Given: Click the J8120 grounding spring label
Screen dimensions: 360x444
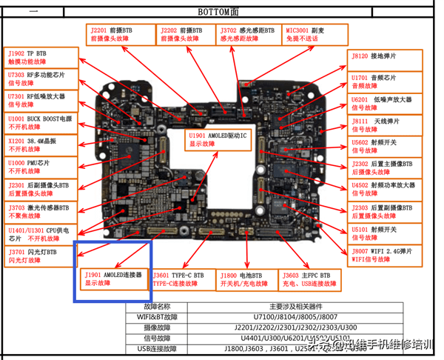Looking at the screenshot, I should click(385, 59).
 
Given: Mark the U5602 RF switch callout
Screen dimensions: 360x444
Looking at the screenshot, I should click(385, 146).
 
